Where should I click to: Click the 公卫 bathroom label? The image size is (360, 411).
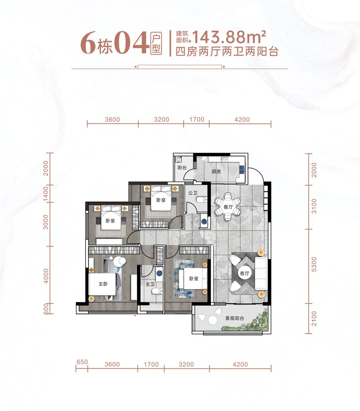tap(193, 194)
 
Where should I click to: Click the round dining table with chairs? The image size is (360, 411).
tap(227, 207)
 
